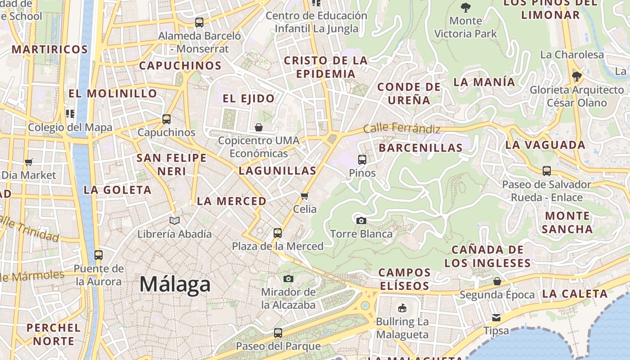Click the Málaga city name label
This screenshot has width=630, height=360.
(175, 284)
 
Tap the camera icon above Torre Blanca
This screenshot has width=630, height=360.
(361, 220)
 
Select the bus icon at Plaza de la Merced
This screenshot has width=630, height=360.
(278, 233)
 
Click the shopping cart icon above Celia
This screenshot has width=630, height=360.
(305, 196)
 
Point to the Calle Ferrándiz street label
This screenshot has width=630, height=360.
(401, 128)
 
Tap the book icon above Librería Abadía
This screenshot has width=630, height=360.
(175, 220)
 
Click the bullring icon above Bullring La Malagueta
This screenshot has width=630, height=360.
(402, 308)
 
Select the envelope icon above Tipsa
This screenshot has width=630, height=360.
(496, 317)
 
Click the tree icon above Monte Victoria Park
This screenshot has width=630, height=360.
(466, 7)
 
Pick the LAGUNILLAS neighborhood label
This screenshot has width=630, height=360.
(278, 171)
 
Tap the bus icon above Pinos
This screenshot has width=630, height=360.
(362, 159)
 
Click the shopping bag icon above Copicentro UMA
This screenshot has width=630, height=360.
(259, 127)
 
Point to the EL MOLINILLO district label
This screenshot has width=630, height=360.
(112, 94)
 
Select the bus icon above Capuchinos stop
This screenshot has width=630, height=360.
(166, 119)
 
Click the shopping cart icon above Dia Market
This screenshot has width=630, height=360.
(29, 162)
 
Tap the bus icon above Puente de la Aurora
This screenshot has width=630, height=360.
(99, 255)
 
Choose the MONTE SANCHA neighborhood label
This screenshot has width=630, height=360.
(567, 222)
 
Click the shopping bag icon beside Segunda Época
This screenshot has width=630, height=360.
(497, 281)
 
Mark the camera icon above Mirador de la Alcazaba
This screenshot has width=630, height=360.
(288, 279)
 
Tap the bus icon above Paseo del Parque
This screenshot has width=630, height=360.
(278, 333)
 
